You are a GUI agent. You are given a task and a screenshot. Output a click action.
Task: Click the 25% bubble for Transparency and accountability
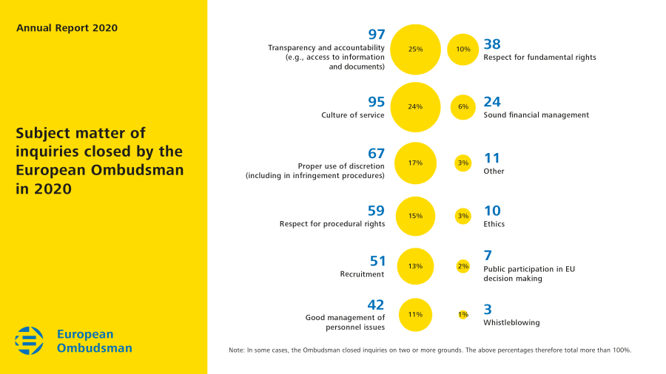coord(415,50)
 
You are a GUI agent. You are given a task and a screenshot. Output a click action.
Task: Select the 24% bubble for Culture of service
coord(415,106)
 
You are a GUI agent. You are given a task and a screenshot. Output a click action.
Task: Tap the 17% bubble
coord(415,163)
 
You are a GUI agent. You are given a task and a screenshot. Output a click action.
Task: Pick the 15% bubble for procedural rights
coord(415,216)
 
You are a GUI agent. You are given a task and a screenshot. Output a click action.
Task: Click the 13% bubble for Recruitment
coord(415,266)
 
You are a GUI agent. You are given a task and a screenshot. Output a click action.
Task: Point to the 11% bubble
coord(415,314)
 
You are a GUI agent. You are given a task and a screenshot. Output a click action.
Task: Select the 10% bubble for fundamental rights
coord(463,50)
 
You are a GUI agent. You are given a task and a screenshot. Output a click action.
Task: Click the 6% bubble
coord(463,106)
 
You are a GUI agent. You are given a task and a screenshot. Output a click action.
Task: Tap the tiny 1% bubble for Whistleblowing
coord(463,314)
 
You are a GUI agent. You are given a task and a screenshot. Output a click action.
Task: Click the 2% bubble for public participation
coord(463,266)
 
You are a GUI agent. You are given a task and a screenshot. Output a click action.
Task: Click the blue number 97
coord(377,35)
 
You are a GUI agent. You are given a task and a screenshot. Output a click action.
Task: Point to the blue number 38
coord(492,44)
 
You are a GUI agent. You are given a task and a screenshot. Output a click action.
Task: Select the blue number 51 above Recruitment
coord(377,261)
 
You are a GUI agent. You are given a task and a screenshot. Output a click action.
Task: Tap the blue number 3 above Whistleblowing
coord(488,310)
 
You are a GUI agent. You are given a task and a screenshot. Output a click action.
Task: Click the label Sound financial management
coord(536,115)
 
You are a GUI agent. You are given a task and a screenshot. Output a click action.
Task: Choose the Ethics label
coord(494,224)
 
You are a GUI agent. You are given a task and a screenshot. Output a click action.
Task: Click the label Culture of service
coord(352,115)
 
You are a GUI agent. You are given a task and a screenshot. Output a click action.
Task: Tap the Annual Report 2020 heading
coord(67,28)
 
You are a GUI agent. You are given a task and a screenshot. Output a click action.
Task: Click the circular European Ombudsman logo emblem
coord(30,341)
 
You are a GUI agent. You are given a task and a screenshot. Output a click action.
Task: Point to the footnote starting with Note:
coord(430,350)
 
